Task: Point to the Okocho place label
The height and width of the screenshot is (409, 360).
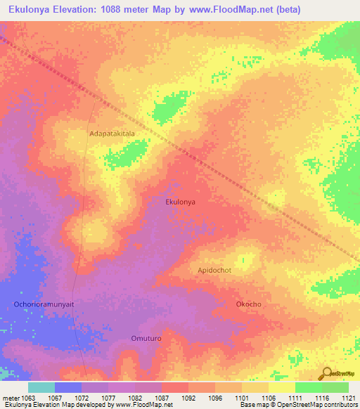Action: click(x=248, y=304)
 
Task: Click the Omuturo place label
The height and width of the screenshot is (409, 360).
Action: click(x=146, y=338)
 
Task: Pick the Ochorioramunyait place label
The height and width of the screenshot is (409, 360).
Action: click(x=44, y=304)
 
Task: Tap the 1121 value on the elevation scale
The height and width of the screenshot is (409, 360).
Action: click(x=347, y=398)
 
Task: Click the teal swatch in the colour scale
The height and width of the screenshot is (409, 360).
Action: click(x=41, y=387)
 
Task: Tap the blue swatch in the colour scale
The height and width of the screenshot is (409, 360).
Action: click(x=68, y=387)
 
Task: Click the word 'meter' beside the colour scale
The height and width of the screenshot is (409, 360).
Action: click(x=11, y=398)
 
